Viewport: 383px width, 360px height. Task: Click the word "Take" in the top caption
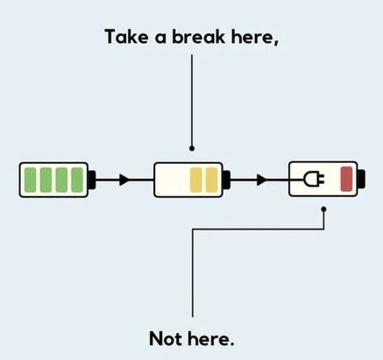pos(126,37)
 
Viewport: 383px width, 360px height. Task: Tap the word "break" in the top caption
pos(199,37)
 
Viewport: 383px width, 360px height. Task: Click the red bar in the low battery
pos(346,179)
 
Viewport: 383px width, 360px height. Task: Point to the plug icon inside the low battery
pos(314,179)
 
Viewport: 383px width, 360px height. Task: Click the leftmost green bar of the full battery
pos(30,180)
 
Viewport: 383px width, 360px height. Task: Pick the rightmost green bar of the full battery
pos(77,180)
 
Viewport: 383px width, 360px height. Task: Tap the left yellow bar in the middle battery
pos(195,180)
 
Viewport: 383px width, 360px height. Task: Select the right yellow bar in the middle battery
pos(211,180)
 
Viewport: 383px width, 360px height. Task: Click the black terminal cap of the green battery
pos(92,180)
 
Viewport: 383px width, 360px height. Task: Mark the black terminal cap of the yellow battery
pos(226,180)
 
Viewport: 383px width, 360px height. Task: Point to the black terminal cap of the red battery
pos(361,179)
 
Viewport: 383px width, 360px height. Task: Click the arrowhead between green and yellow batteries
pos(124,180)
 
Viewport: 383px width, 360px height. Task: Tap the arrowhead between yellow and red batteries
pos(262,180)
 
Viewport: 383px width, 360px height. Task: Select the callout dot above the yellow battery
pos(192,148)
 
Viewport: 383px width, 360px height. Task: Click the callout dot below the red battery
pos(323,209)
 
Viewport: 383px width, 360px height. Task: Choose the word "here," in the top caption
pos(255,38)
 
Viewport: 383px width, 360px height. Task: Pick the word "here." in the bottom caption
pos(211,339)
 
